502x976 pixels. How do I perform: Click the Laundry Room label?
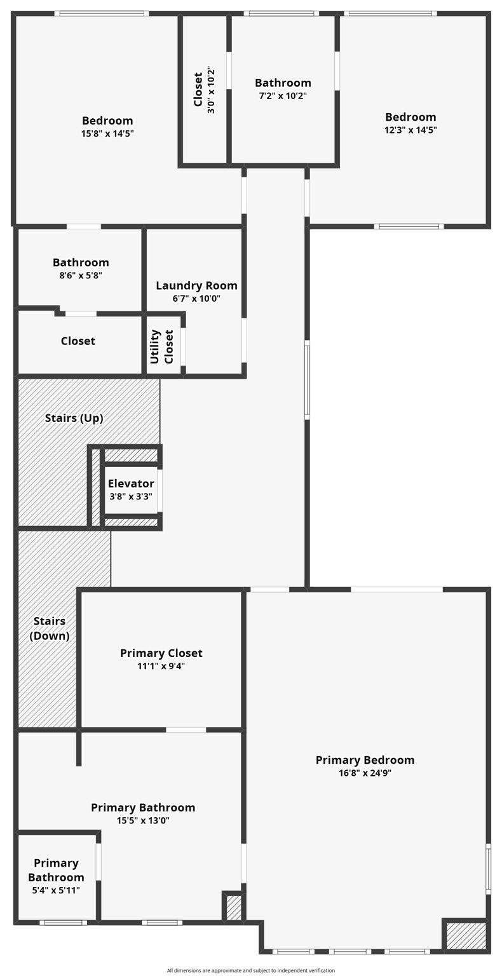pos(196,286)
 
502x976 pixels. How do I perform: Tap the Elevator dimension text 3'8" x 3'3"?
pos(131,497)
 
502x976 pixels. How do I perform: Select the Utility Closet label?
pos(161,346)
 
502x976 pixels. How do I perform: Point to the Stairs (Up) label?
pos(74,418)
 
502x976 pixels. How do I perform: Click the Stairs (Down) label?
pos(50,628)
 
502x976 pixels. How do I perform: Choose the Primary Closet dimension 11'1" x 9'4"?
pos(161,667)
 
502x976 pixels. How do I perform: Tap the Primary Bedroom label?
pos(365,760)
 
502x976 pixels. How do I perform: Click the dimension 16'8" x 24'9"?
pos(365,773)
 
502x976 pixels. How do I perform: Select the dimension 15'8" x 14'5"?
pos(107,133)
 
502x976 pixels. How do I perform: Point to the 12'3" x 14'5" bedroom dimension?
pos(410,130)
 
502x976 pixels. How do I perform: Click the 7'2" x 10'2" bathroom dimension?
pos(283,96)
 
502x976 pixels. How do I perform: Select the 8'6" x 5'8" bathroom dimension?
pos(81,276)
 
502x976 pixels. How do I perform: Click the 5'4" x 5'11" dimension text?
pos(56,891)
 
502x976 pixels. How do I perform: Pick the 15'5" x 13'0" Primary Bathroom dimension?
pos(143,821)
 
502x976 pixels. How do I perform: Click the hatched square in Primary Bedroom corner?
pos(466,936)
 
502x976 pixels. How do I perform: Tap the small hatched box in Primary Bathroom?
pos(234,907)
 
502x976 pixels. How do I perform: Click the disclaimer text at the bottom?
pos(251,970)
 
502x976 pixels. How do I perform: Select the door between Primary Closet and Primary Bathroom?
pos(186,729)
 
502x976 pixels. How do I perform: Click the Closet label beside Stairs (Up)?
pos(78,341)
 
